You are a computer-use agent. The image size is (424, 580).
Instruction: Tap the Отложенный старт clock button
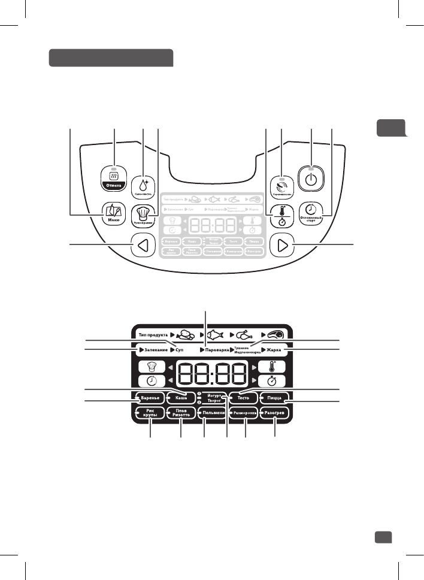[x=311, y=212]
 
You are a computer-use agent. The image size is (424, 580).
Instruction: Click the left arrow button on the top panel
[x=143, y=245]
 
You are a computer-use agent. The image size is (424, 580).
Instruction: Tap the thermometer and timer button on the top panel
[x=281, y=214]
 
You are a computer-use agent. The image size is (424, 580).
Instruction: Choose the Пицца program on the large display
[x=275, y=397]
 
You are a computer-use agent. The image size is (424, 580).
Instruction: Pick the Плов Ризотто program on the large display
[x=181, y=413]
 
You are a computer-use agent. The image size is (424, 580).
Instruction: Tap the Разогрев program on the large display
[x=275, y=413]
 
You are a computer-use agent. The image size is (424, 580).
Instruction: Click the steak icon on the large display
[x=277, y=334]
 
